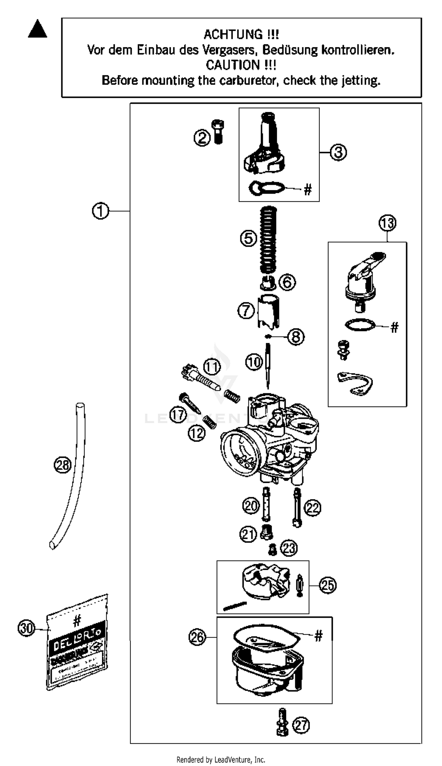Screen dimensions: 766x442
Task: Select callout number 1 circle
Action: coord(100,211)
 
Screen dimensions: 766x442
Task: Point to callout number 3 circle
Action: coord(338,152)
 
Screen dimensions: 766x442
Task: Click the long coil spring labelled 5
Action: coord(268,240)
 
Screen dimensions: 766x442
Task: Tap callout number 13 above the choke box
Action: coord(387,223)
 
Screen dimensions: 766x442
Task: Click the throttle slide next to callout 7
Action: coord(269,312)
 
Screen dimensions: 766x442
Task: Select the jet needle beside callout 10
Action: coord(268,366)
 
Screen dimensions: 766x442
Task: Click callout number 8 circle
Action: coord(296,337)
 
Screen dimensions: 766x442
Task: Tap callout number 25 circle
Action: coord(328,585)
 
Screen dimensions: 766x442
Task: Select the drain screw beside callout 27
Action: coord(282,724)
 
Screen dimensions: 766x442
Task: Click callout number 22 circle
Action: coord(312,508)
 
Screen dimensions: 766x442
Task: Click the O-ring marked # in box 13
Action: coord(360,325)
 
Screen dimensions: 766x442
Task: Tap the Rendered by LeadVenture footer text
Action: coord(221,760)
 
